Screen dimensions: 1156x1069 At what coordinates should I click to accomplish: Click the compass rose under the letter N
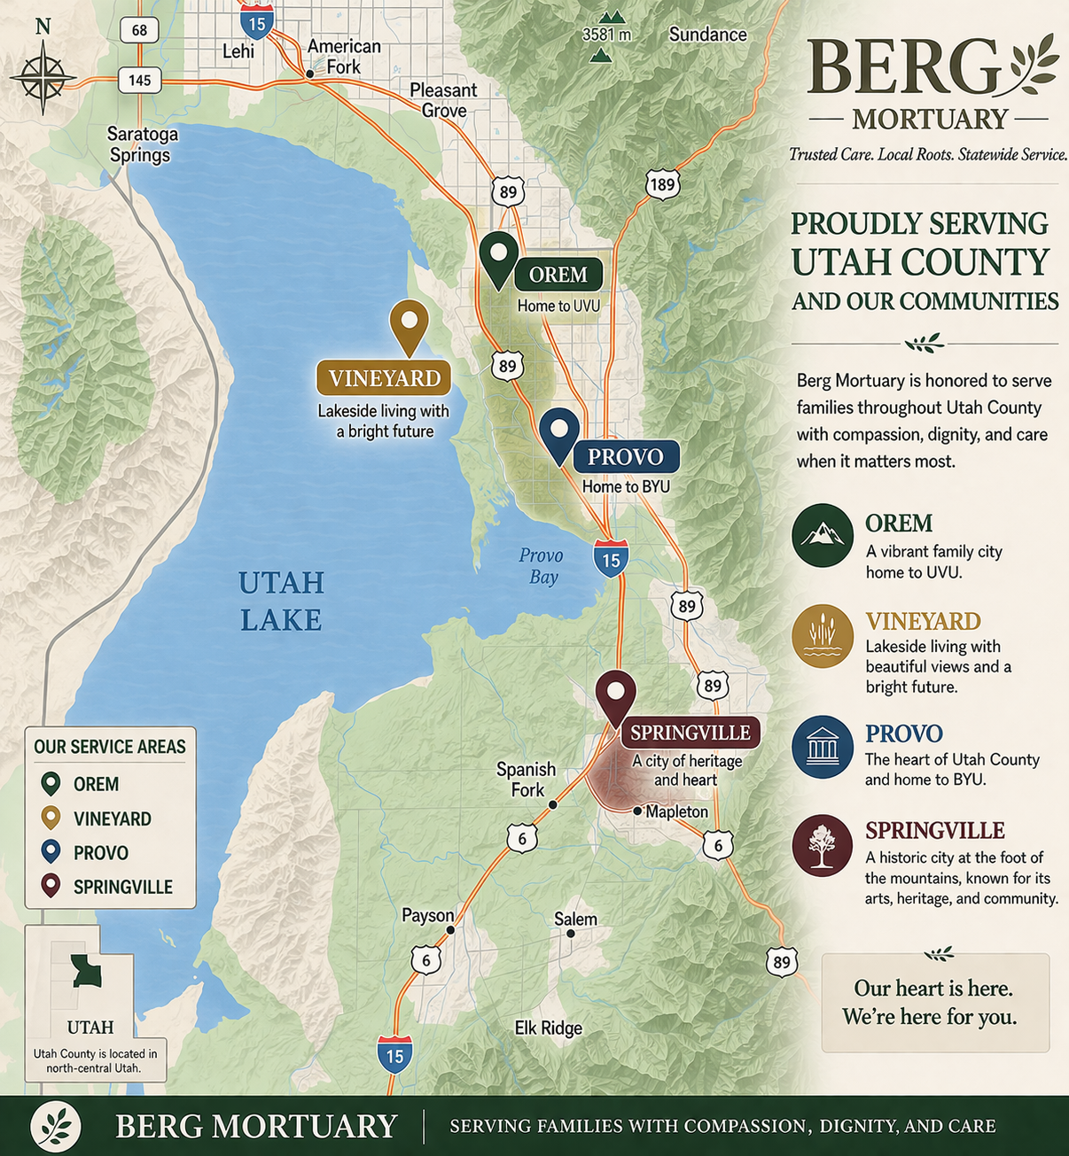coord(43,78)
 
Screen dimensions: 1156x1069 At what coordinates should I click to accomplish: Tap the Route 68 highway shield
coord(139,30)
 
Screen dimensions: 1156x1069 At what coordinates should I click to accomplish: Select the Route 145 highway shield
coord(139,81)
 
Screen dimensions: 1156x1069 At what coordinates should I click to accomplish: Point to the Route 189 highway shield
coord(662,184)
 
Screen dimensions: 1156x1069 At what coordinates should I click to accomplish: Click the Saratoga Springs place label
coord(142,144)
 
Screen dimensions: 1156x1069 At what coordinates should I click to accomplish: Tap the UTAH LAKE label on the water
coord(281,601)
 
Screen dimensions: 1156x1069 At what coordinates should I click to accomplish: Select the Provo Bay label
coord(541,566)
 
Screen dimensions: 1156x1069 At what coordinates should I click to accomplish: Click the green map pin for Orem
coord(498,258)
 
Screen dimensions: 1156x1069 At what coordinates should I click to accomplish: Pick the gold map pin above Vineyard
coord(409,325)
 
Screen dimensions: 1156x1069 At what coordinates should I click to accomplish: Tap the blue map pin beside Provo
coord(558,433)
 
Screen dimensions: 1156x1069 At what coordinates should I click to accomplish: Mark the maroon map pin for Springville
coord(615,696)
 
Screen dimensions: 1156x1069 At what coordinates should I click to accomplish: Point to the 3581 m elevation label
coord(606,35)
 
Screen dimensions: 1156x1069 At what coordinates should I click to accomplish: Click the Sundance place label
coord(707,35)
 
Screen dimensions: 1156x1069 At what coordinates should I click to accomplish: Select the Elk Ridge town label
coord(549,1028)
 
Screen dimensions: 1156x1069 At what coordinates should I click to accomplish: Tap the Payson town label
coord(427,915)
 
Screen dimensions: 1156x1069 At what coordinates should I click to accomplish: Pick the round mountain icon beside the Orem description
coord(823,535)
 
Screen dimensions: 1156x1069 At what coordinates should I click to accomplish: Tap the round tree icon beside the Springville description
coord(823,845)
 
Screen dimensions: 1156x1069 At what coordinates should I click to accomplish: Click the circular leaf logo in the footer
coord(56,1126)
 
